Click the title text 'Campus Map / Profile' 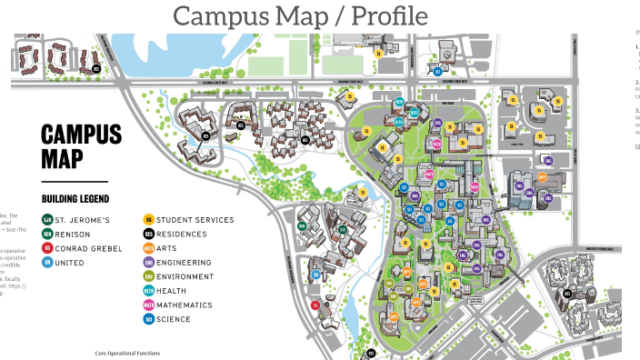[x=300, y=15]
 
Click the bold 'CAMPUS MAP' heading [x=81, y=146]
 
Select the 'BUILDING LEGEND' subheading [x=75, y=198]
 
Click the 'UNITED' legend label [x=70, y=263]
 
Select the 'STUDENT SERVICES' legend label [x=195, y=219]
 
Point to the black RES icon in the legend [x=148, y=234]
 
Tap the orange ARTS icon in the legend [x=148, y=248]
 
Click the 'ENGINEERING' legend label [x=184, y=263]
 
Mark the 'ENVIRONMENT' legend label [x=185, y=276]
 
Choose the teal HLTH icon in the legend [x=148, y=291]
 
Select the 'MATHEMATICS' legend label [x=184, y=305]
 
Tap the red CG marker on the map [x=315, y=305]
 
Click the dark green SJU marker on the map [x=343, y=228]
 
